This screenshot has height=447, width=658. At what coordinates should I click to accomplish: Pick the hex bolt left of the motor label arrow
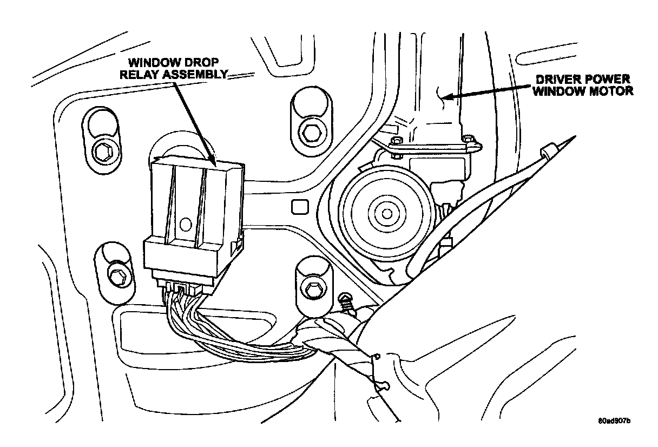[x=310, y=132]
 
